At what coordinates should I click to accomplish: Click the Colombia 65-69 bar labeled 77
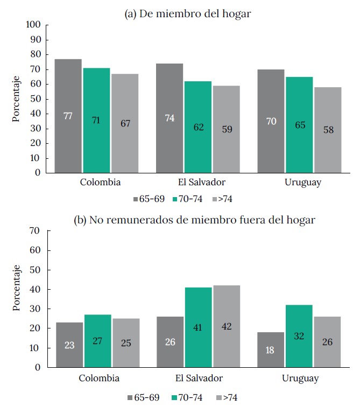68,116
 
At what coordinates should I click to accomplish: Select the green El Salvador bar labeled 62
197,127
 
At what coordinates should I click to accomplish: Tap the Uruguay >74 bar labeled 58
328,130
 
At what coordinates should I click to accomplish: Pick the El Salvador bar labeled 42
226,326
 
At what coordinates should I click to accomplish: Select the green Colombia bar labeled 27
97,340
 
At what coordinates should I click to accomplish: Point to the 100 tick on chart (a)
33,25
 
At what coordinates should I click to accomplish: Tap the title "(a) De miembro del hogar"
188,14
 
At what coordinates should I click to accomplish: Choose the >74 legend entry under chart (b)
226,397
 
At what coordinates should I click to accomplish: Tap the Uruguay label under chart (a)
302,182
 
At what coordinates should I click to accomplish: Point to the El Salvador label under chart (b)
199,377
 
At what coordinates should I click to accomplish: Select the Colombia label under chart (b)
100,377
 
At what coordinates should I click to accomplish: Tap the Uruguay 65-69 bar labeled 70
271,121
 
